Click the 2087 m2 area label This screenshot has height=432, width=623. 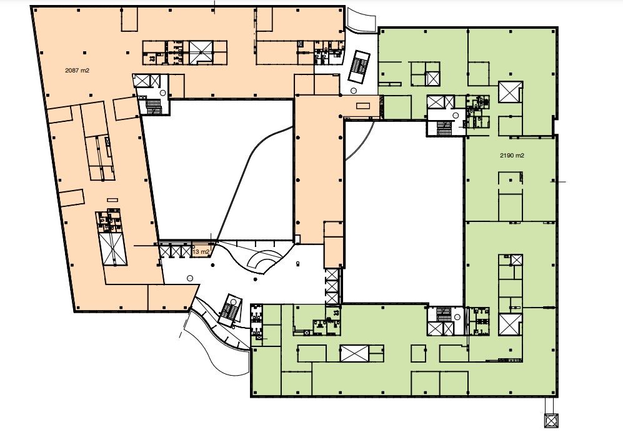pyautogui.click(x=77, y=71)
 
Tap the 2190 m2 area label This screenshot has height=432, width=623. pyautogui.click(x=512, y=156)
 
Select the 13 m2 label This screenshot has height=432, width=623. pyautogui.click(x=201, y=251)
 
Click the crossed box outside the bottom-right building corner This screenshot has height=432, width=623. pyautogui.click(x=552, y=421)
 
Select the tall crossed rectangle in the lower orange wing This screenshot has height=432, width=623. pyautogui.click(x=114, y=249)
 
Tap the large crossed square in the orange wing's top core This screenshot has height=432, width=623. pyautogui.click(x=201, y=52)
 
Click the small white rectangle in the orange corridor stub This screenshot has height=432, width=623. pyautogui.click(x=363, y=106)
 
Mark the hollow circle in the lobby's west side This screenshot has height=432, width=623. pyautogui.click(x=190, y=279)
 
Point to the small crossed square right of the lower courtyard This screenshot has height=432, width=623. pyautogui.click(x=517, y=261)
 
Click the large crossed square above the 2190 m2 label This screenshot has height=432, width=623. pyautogui.click(x=511, y=92)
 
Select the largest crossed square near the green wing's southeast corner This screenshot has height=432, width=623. pyautogui.click(x=510, y=324)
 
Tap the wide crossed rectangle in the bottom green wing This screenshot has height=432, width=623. pyautogui.click(x=354, y=353)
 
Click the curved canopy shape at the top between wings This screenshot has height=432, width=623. pyautogui.click(x=361, y=20)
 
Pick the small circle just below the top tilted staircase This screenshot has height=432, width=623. pyautogui.click(x=354, y=91)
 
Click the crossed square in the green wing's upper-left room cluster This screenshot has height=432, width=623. pyautogui.click(x=432, y=78)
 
